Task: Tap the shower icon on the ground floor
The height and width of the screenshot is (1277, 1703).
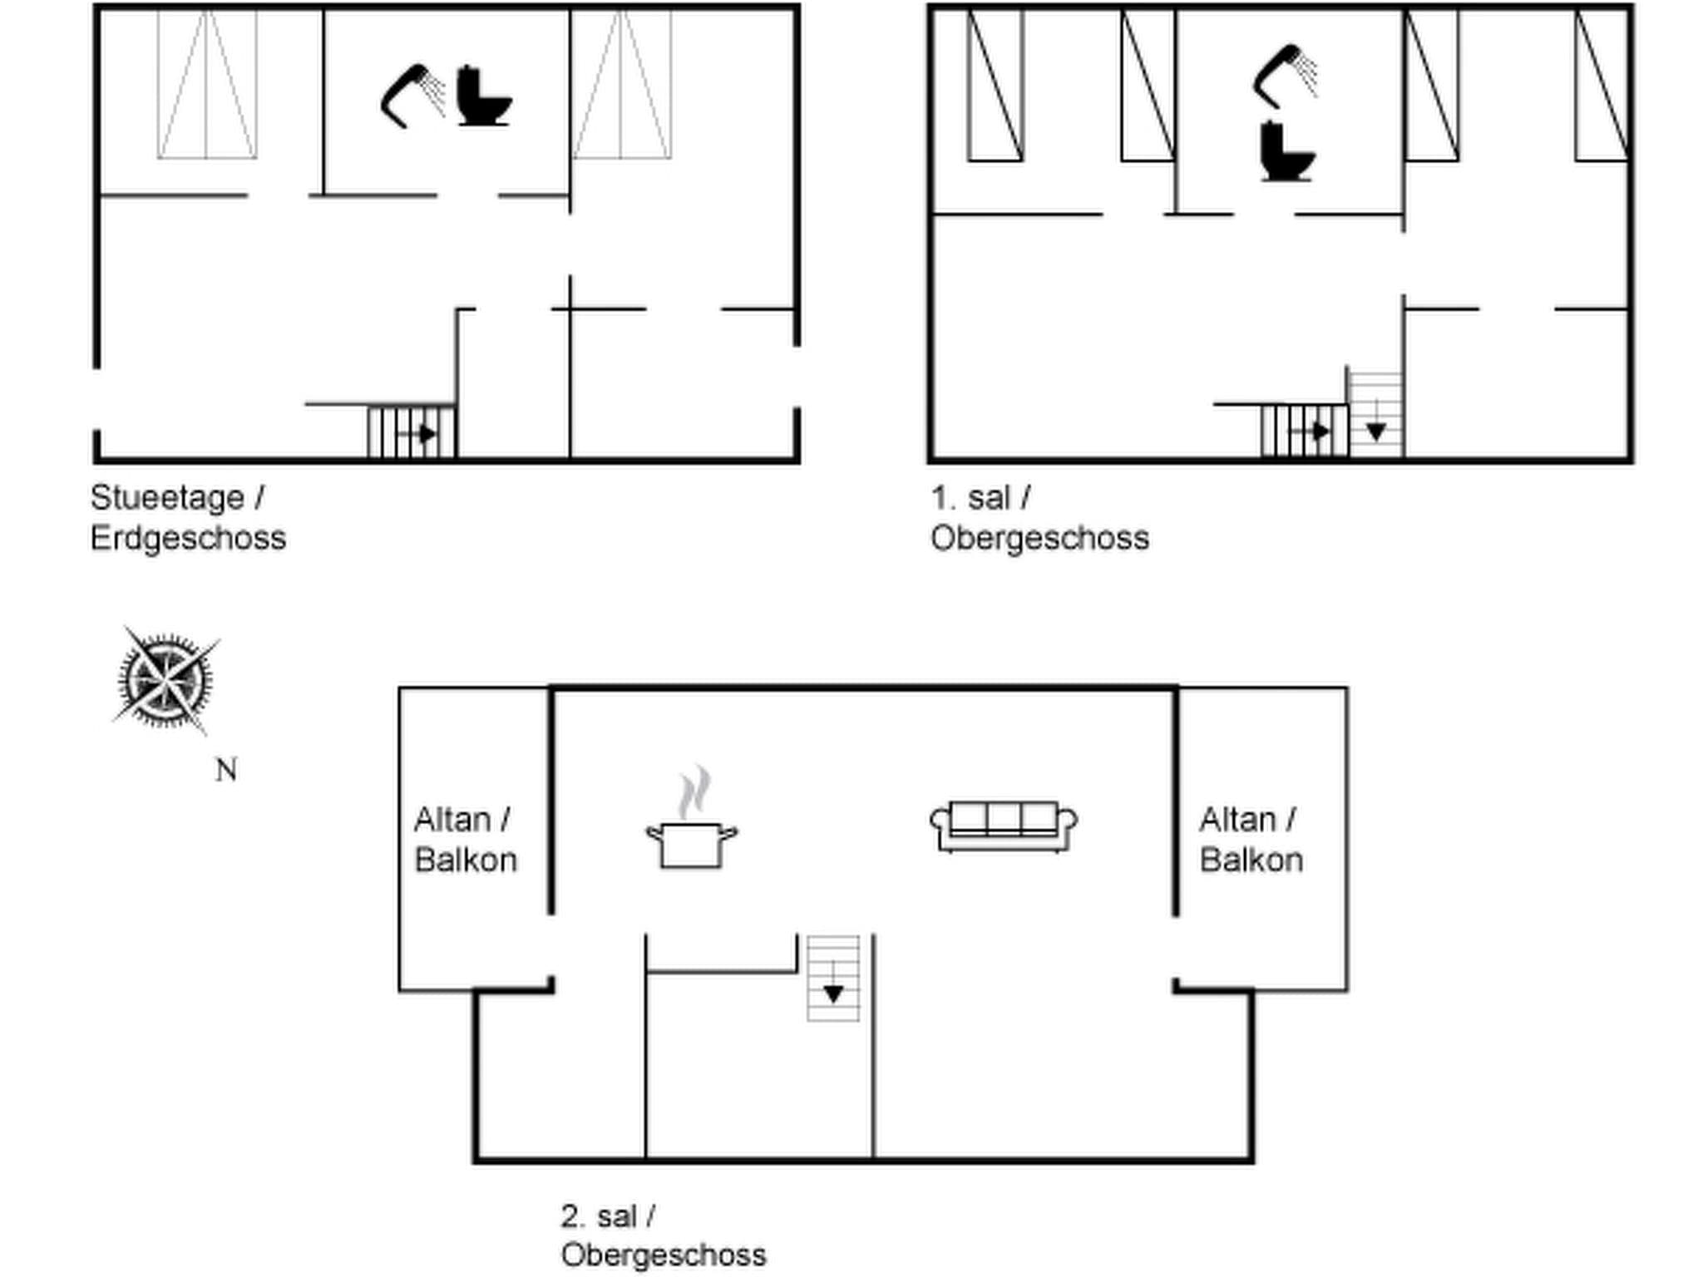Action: pyautogui.click(x=413, y=95)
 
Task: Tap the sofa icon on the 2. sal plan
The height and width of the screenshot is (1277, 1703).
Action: pyautogui.click(x=1004, y=826)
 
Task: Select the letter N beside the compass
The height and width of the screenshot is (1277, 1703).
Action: pyautogui.click(x=226, y=771)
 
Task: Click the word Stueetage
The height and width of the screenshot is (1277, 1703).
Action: pyautogui.click(x=168, y=498)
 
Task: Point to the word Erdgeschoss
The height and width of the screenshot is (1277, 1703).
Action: pyautogui.click(x=188, y=539)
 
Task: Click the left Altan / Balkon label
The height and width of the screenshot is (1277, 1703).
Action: pyautogui.click(x=465, y=840)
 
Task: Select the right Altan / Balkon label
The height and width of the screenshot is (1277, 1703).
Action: pyautogui.click(x=1251, y=840)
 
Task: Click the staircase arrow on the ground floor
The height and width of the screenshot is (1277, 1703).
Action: pyautogui.click(x=425, y=433)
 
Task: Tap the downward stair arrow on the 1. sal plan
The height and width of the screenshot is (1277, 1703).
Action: pyautogui.click(x=1375, y=430)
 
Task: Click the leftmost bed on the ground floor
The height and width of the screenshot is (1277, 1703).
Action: pyautogui.click(x=207, y=85)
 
